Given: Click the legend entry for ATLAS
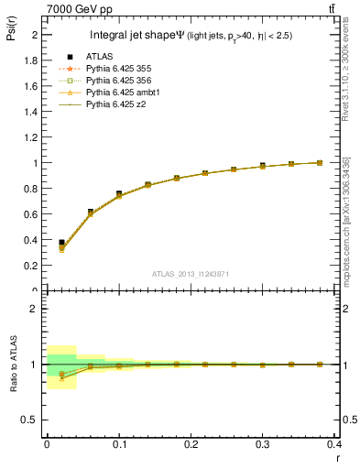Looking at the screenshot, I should click(x=100, y=58).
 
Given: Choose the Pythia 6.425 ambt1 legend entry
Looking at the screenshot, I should click(x=124, y=93).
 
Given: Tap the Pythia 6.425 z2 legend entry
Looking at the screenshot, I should click(x=116, y=105).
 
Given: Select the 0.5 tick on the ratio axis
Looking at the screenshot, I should click(x=33, y=420).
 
